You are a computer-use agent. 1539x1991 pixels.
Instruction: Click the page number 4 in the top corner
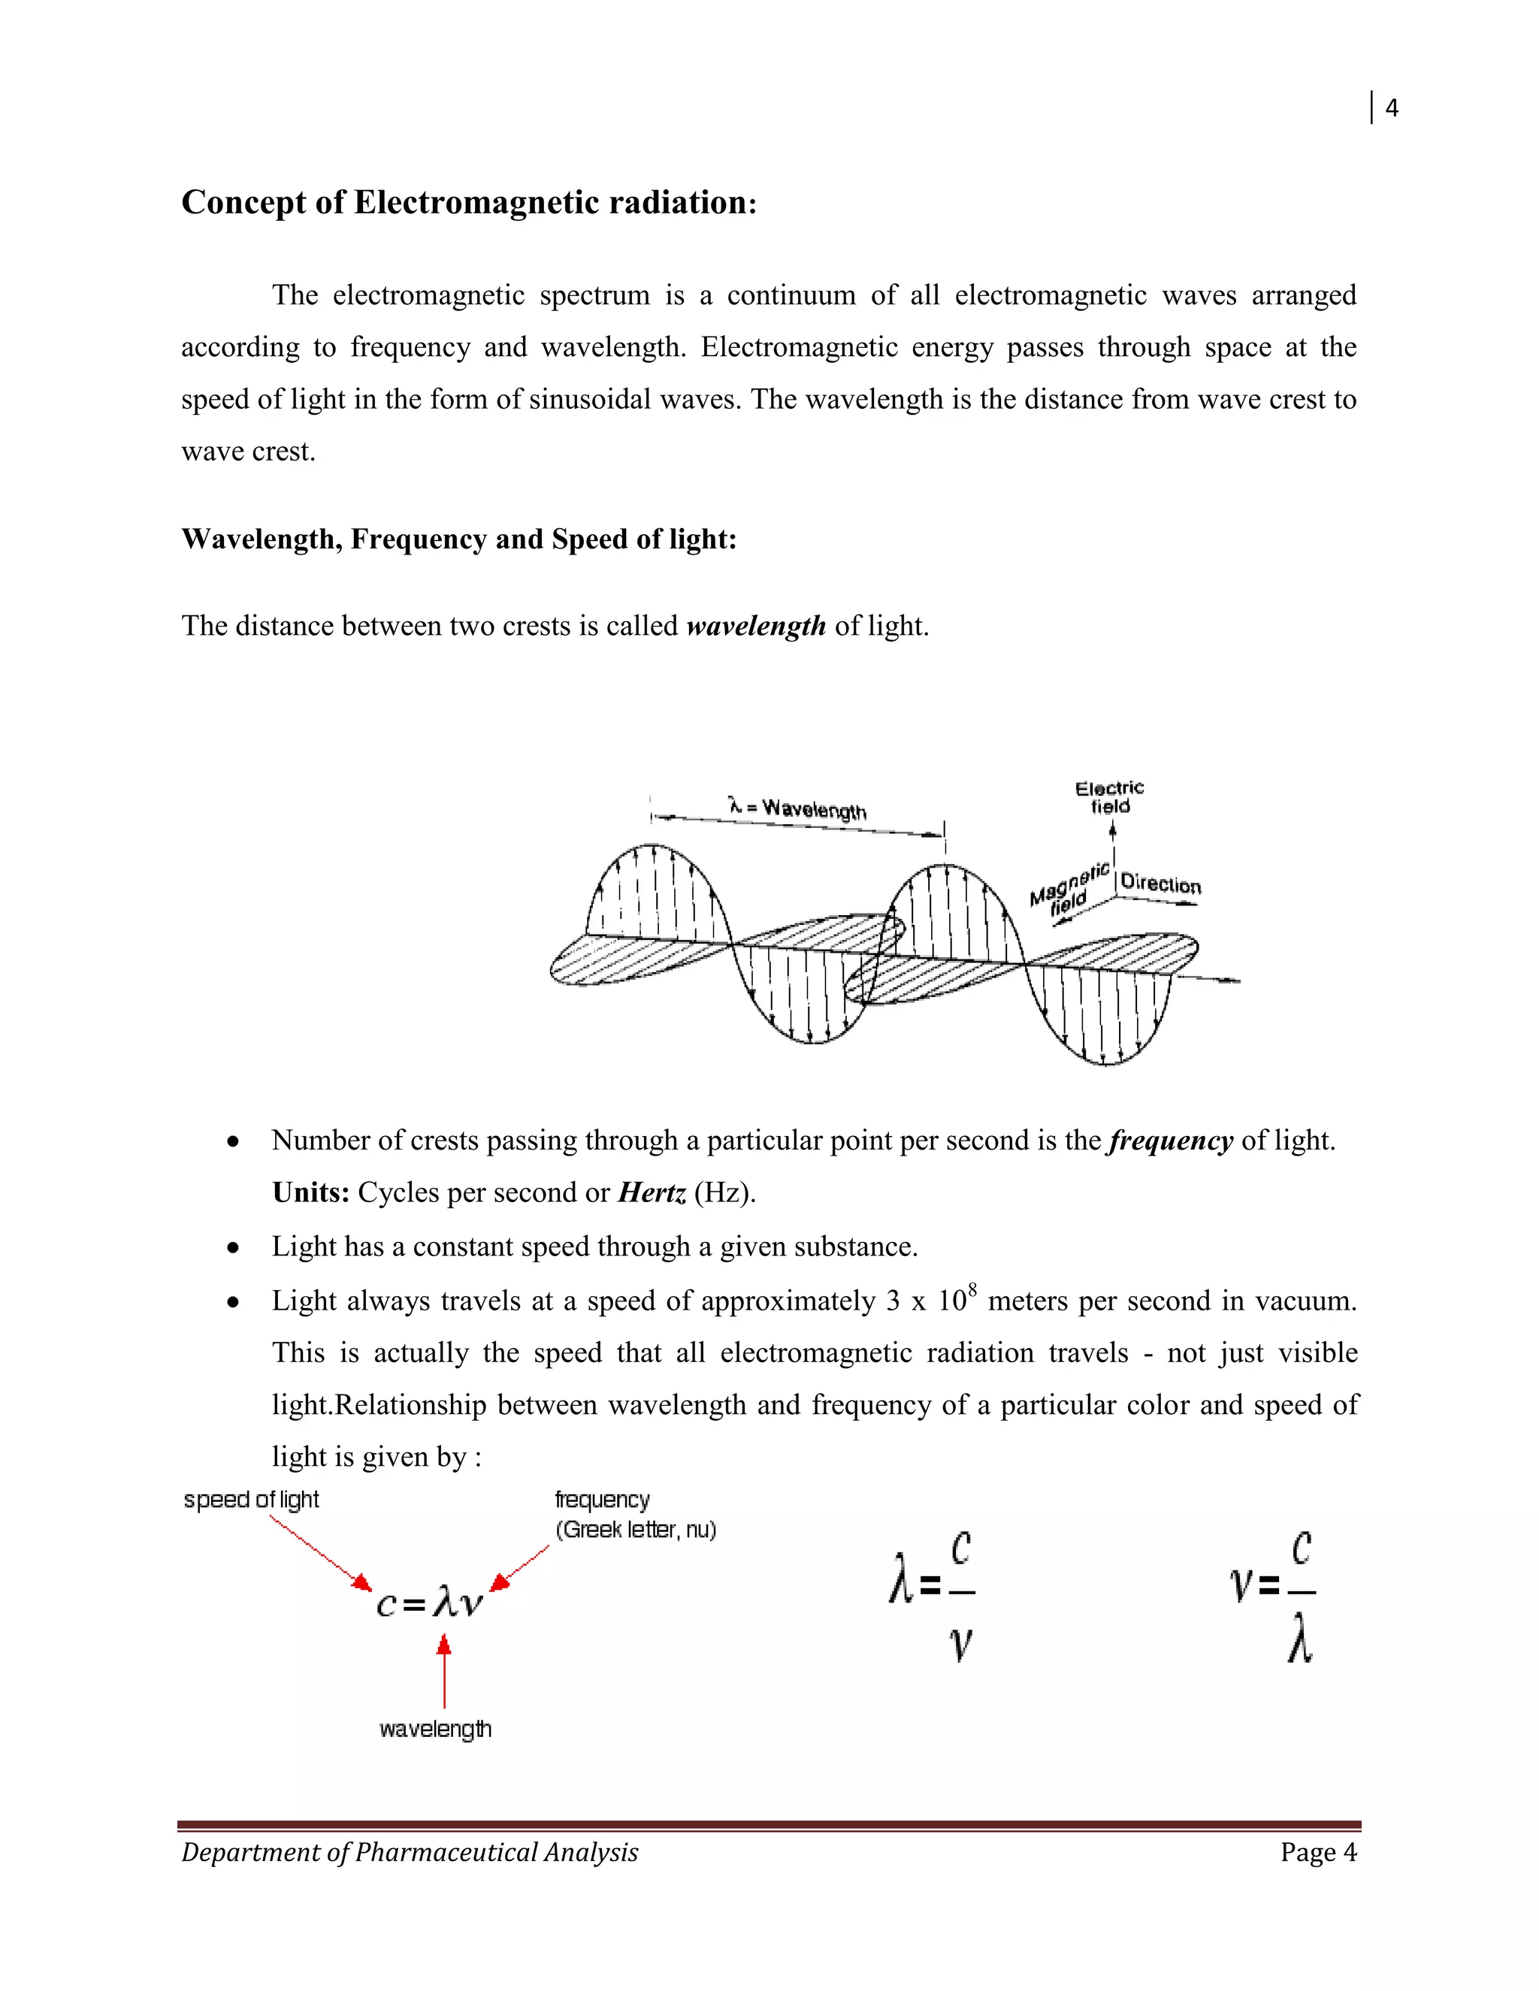point(1391,108)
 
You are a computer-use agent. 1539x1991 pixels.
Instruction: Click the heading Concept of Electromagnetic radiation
point(469,202)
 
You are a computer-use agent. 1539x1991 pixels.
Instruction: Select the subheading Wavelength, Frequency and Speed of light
point(458,539)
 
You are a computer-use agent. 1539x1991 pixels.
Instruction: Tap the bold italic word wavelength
point(756,627)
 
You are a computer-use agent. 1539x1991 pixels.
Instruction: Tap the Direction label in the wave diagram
point(1160,884)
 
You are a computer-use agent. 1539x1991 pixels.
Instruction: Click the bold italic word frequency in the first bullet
point(1171,1141)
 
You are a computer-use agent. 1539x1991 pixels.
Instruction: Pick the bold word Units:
point(311,1192)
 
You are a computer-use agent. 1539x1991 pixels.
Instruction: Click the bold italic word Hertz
point(651,1192)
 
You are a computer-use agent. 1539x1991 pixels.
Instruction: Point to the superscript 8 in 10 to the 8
point(973,1289)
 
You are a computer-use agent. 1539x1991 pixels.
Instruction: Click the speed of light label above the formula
point(251,1500)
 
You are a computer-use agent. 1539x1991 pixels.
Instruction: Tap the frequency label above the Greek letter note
point(602,1500)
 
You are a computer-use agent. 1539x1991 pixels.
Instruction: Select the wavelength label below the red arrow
point(435,1729)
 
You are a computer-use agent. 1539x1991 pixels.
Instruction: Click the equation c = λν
point(428,1602)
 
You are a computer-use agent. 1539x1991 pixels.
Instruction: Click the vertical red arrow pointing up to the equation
point(444,1670)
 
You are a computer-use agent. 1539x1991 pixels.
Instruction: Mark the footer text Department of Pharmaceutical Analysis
point(410,1853)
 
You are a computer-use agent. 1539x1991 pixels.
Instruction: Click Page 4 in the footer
point(1318,1853)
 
